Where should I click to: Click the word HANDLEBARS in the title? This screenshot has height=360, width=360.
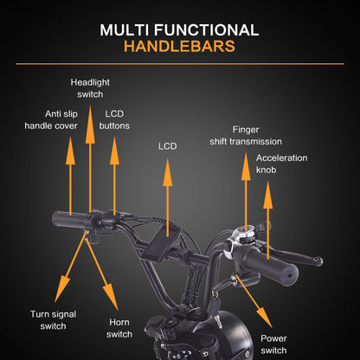(x=179, y=47)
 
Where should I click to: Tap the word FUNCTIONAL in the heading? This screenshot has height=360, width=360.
(x=206, y=30)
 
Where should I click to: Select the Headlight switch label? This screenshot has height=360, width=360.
(x=90, y=88)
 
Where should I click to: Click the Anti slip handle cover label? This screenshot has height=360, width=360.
(x=51, y=119)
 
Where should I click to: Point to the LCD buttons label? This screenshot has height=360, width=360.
(x=114, y=119)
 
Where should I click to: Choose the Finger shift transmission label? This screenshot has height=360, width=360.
(x=246, y=136)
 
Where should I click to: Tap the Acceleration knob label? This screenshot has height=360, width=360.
(x=281, y=164)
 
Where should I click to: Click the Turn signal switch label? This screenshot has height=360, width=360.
(x=54, y=320)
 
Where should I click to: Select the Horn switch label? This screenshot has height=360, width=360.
(x=119, y=328)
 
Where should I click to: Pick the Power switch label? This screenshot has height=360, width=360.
(x=273, y=344)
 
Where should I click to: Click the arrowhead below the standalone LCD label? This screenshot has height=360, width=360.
(x=168, y=172)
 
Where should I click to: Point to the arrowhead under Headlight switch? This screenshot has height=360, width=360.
(x=90, y=125)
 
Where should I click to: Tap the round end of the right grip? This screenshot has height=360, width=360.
(x=289, y=274)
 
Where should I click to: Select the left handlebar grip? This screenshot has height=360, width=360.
(x=69, y=220)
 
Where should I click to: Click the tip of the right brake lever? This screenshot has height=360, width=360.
(x=319, y=261)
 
